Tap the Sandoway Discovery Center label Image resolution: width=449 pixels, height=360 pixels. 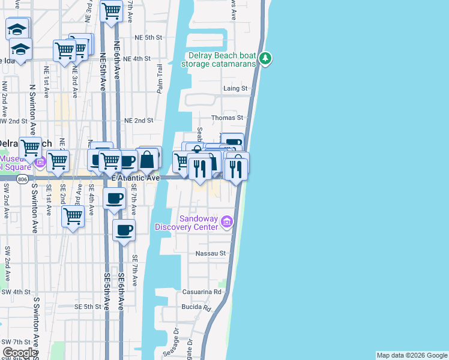point(189,222)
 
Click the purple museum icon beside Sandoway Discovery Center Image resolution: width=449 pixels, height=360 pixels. point(227,223)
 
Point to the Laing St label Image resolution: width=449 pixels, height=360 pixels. point(235,89)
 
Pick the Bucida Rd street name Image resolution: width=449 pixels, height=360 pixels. point(199,308)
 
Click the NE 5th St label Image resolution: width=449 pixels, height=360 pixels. point(148,37)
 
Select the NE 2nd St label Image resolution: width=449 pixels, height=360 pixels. point(139,121)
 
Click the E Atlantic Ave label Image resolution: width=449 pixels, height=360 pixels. point(136,178)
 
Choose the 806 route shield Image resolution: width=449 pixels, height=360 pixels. point(23,178)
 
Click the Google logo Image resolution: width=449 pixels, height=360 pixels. point(19,353)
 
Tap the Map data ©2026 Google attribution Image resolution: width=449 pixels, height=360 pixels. point(412,355)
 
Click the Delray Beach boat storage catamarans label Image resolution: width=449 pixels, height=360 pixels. point(219,59)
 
